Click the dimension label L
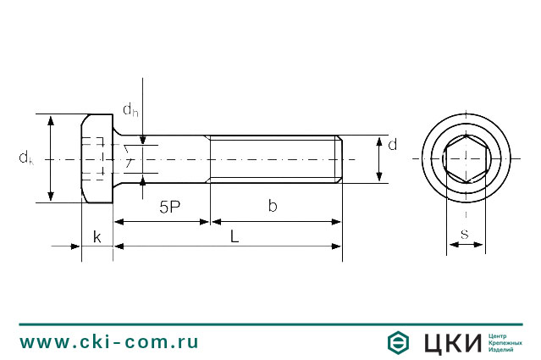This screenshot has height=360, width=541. [x=235, y=237]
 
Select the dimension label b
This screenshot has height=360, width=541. [x=272, y=206]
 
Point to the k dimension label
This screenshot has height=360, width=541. [x=97, y=237]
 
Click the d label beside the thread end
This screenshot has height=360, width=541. [x=392, y=144]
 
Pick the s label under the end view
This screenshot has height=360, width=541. [x=465, y=233]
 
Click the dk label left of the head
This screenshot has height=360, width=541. [x=26, y=158]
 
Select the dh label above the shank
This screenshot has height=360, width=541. [x=130, y=109]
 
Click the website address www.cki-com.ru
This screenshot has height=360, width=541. [x=109, y=342]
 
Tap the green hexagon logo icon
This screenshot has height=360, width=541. [x=399, y=342]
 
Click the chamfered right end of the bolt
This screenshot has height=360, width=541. [x=339, y=158]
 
